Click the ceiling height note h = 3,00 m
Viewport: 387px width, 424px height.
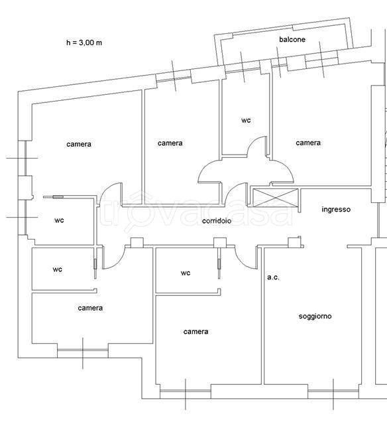[84, 42]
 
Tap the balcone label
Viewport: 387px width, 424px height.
[292, 39]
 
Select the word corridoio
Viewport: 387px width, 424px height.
[217, 221]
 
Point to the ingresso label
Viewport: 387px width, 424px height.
[336, 209]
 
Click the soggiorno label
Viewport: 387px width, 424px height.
[315, 316]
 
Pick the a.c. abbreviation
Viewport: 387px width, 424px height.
[273, 277]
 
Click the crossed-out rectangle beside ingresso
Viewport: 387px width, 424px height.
[276, 197]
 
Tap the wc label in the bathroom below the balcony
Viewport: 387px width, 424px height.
[246, 120]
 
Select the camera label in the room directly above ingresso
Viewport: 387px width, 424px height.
[308, 143]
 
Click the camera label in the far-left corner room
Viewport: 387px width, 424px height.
[79, 144]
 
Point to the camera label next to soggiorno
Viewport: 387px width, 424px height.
[195, 332]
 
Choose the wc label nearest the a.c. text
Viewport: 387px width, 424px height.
[186, 273]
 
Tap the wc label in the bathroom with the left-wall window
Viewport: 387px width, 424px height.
[59, 220]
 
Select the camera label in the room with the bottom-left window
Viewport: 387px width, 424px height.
[90, 308]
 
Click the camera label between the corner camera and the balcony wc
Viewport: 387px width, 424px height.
[170, 143]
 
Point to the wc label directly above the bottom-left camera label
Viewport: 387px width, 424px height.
[58, 269]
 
